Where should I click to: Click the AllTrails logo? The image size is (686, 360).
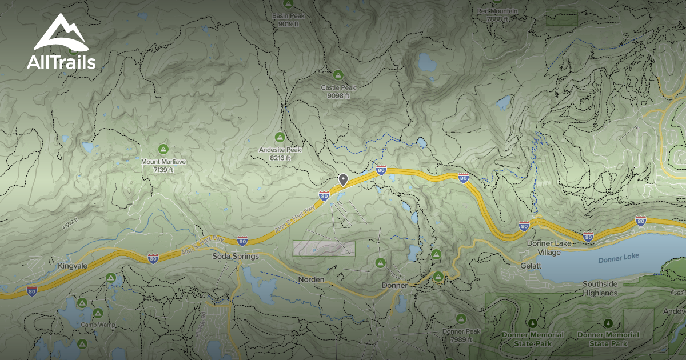tap(61, 43)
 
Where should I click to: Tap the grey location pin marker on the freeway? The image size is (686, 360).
tap(343, 180)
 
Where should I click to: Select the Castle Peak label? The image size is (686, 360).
tap(338, 91)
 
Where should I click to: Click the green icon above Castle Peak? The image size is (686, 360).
tap(338, 75)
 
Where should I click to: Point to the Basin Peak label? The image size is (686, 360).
tap(288, 20)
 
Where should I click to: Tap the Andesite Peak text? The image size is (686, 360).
tap(280, 154)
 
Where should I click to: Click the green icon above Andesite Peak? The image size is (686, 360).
tap(280, 137)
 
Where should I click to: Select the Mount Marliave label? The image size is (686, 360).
tap(163, 166)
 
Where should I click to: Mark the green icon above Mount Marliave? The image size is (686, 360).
tap(163, 149)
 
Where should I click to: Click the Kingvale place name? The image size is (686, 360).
tap(72, 266)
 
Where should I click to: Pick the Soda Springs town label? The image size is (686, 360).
tap(236, 257)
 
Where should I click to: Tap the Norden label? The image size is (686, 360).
tap(311, 280)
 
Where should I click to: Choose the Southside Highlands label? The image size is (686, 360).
tap(600, 289)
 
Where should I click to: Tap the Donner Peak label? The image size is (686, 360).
tap(461, 335)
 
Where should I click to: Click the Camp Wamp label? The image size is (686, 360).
tap(98, 325)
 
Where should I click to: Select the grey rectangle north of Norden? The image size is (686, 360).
tap(324, 248)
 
